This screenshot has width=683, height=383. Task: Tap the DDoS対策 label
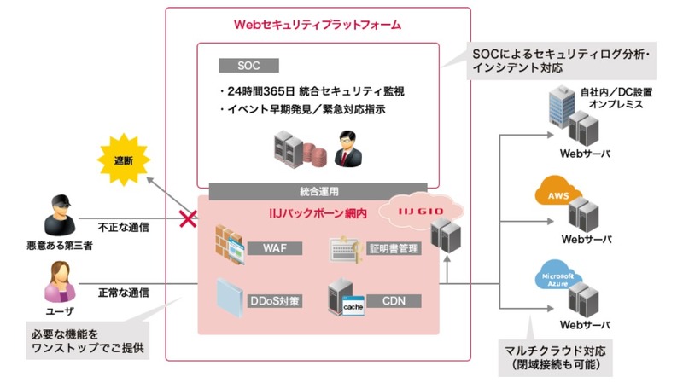[278, 299]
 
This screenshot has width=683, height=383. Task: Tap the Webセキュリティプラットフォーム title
[317, 25]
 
